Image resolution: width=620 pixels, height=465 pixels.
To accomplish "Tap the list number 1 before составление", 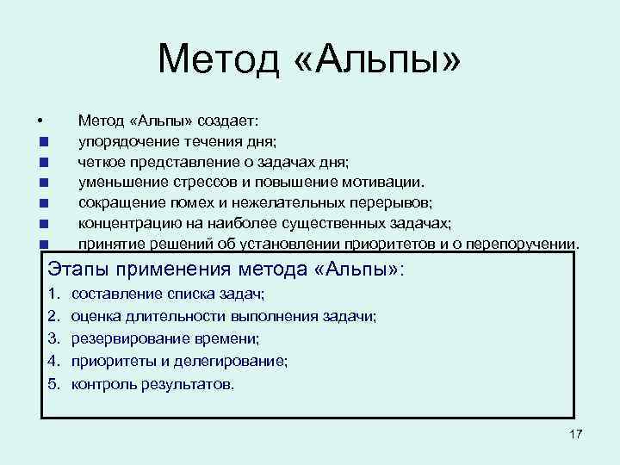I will pos(53,295).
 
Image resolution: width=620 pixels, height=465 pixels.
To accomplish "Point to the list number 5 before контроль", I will pos(53,383).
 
